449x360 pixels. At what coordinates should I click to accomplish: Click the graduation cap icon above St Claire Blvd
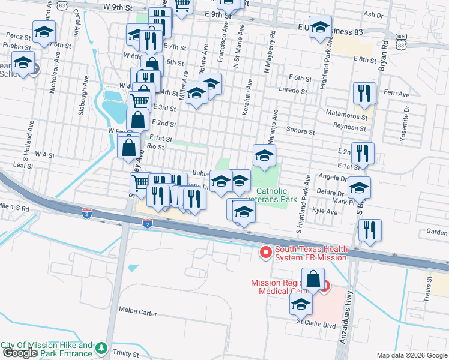301,305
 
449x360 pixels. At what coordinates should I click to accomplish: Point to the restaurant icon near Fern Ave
364,94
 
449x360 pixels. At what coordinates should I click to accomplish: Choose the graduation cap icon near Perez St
44,32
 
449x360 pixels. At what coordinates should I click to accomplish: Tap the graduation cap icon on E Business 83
321,28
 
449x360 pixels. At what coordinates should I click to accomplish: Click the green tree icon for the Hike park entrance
101,349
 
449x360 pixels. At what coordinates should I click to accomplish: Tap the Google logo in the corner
19,353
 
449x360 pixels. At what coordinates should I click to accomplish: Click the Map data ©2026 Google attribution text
412,355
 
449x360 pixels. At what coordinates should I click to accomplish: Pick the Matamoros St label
345,112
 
